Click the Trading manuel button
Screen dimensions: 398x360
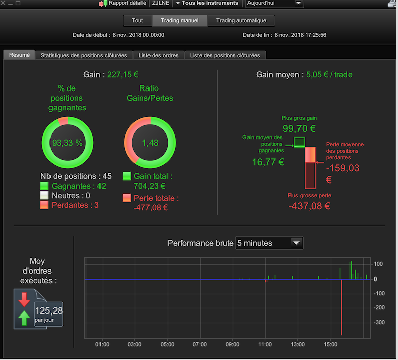pos(179,21)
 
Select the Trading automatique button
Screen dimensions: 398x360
pos(241,21)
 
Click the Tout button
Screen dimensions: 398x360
pos(137,21)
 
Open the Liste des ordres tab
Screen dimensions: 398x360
pos(159,55)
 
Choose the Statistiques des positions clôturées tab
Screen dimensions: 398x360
pos(84,55)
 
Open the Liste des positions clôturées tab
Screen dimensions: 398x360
pos(225,55)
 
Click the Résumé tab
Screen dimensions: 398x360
pos(19,55)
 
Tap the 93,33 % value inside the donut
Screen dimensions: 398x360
pos(67,143)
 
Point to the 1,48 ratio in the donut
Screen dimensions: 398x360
pos(150,143)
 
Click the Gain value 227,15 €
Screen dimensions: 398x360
pos(123,75)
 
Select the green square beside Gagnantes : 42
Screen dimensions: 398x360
pos(44,186)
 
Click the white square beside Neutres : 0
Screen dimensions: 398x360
pos(44,195)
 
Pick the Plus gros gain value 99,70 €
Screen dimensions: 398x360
pos(299,128)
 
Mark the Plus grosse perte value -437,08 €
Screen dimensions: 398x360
pos(310,206)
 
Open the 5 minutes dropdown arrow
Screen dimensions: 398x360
pos(296,243)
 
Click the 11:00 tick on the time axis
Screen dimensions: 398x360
pos(265,344)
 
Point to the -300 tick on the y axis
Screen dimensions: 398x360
pos(379,322)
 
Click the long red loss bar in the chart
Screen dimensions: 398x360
pos(341,307)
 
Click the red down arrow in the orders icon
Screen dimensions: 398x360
pos(24,299)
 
